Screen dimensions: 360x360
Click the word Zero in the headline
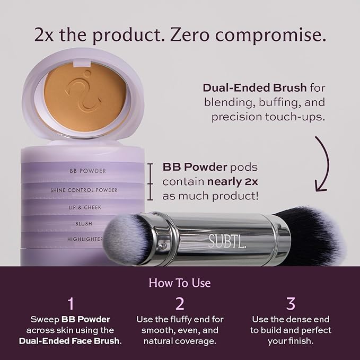(189, 35)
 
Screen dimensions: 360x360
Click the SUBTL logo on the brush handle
(227, 241)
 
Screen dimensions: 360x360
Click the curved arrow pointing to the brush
(322, 164)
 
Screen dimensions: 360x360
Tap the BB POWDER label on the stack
(87, 171)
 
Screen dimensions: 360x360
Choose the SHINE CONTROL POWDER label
(84, 190)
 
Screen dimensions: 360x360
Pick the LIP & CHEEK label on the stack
(85, 207)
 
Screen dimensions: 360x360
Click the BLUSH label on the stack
(84, 223)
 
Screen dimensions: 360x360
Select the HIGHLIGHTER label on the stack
(85, 239)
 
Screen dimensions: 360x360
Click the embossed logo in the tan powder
(84, 91)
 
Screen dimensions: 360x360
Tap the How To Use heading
(180, 283)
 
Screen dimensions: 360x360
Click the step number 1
(71, 303)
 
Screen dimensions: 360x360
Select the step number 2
(180, 303)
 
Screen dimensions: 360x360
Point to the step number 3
(291, 303)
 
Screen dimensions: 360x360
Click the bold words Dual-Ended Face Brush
(69, 341)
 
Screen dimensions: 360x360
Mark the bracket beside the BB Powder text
(150, 182)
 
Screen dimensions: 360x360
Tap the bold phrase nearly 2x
(233, 182)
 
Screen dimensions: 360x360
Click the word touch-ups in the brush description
(295, 117)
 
